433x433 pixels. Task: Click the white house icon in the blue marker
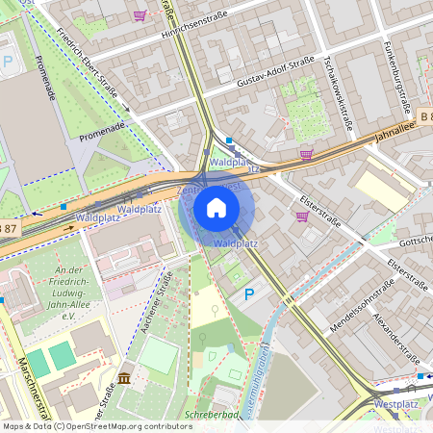[216, 207]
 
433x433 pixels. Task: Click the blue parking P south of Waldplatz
[249, 294]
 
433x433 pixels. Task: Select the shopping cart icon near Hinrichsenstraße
[140, 15]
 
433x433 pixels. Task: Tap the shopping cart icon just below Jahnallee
[306, 153]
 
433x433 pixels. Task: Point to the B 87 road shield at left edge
[8, 227]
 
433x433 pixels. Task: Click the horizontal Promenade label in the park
[103, 126]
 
